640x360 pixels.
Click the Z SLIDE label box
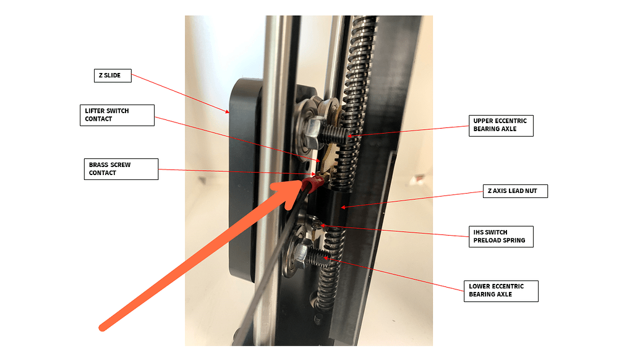112,76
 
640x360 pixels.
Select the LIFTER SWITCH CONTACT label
117,115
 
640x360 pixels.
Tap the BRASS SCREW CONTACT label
122,169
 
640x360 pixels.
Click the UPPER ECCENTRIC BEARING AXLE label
500,125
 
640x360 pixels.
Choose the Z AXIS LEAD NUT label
514,191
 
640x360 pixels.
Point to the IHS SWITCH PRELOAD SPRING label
500,237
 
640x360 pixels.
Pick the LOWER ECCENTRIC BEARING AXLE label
500,290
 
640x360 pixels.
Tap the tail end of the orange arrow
105,325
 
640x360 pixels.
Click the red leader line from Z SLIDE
179,93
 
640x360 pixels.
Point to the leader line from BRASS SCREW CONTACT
235,172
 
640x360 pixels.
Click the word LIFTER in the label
97,111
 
